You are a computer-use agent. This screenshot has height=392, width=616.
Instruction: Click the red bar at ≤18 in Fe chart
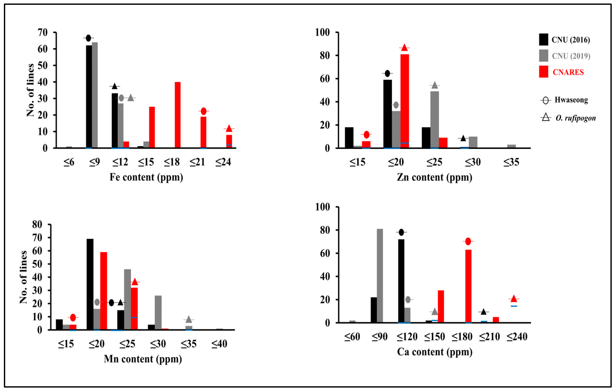click(x=178, y=115)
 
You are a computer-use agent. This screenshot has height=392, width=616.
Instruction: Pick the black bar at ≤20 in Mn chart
click(x=90, y=284)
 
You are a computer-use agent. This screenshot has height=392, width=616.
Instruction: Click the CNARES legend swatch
click(x=543, y=72)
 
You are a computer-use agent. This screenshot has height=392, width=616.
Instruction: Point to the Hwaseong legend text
click(x=571, y=100)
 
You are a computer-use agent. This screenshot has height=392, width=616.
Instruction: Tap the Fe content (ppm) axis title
click(x=146, y=177)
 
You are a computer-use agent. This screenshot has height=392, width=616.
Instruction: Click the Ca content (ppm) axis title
click(x=434, y=352)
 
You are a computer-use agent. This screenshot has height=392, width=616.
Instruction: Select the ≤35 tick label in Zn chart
click(x=511, y=162)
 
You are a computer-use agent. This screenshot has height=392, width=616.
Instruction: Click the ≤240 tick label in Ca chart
click(x=517, y=336)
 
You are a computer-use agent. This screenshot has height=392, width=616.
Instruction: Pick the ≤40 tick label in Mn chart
click(x=219, y=344)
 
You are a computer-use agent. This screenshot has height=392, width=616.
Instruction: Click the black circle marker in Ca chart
click(x=401, y=232)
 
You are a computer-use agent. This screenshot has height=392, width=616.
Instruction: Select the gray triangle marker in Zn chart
click(x=435, y=85)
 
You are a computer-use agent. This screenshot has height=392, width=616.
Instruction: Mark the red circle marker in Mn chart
click(x=73, y=318)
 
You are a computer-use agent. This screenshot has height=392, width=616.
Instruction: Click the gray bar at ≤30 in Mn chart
click(x=158, y=313)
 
